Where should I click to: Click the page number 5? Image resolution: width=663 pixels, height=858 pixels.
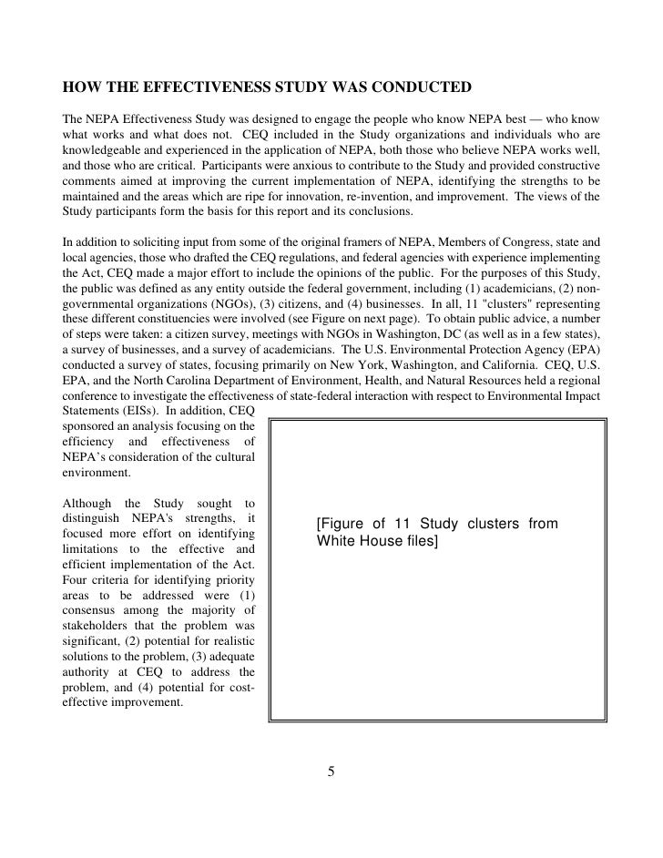coord(331,772)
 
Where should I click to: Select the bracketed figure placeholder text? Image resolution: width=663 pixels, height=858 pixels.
coord(436,534)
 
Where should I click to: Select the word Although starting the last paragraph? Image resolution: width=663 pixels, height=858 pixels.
coord(85,504)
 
